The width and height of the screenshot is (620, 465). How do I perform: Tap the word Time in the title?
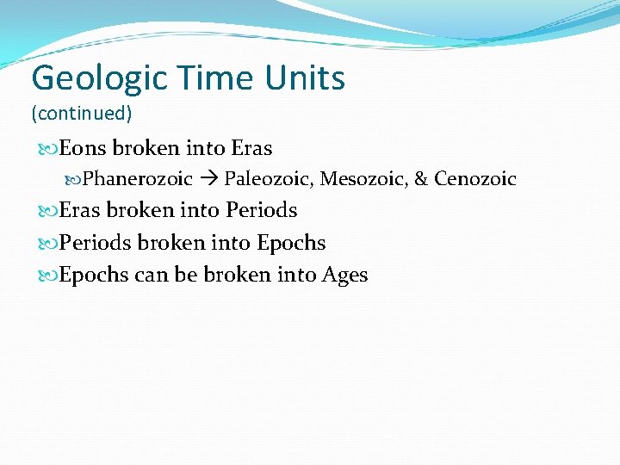click(x=205, y=78)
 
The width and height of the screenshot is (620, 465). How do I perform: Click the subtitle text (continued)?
click(x=82, y=113)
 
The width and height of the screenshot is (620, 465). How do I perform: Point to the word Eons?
click(x=83, y=148)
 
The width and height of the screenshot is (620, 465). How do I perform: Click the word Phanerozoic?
click(x=138, y=179)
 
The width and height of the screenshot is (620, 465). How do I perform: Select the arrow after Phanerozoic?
click(x=208, y=179)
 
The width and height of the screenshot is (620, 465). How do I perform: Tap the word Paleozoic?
click(x=269, y=179)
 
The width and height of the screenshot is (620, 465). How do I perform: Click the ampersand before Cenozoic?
click(x=421, y=179)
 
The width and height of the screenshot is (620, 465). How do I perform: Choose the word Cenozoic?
click(x=474, y=179)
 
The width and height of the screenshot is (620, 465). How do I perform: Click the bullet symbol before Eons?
click(x=47, y=148)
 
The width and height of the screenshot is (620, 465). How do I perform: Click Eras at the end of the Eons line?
click(x=251, y=148)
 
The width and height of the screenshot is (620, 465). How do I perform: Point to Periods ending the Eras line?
click(x=262, y=210)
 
